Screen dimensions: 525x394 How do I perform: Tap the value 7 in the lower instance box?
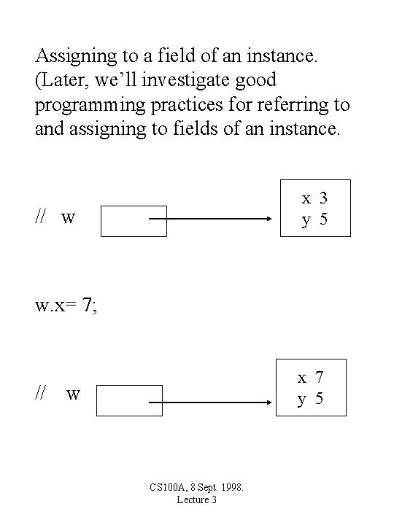point(319,377)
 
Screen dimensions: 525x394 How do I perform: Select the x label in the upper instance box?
point(306,198)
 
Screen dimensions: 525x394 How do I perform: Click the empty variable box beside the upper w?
point(134,220)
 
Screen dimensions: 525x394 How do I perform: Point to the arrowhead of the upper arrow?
point(269,218)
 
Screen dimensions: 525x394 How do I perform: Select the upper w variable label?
point(68,217)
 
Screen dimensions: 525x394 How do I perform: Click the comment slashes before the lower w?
point(41,393)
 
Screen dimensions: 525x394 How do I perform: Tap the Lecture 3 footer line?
point(197,499)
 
